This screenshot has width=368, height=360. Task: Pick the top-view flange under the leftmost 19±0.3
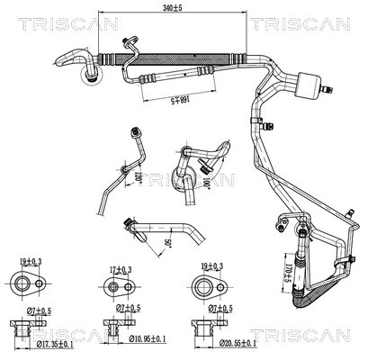tap(29, 286)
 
